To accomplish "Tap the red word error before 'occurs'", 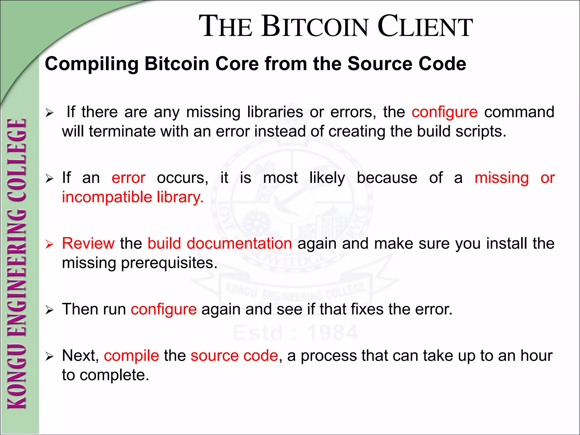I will [129, 178].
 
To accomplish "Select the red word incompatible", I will [107, 197].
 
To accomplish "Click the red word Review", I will [88, 243].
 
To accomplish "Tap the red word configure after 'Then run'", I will [164, 309].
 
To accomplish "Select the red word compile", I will [131, 356].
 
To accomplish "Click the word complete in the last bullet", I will [114, 375].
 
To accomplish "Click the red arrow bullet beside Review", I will [50, 244].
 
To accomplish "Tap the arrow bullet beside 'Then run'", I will [50, 310].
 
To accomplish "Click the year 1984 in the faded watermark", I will [332, 332].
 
